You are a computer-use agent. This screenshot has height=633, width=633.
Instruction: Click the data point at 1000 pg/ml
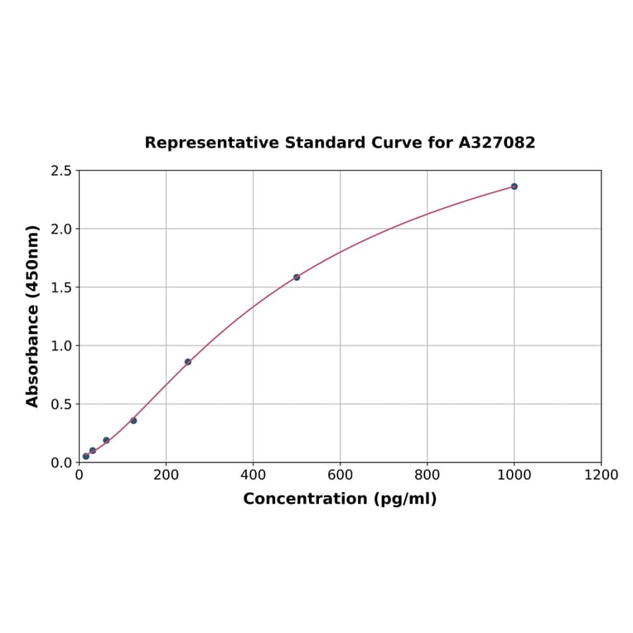pos(514,186)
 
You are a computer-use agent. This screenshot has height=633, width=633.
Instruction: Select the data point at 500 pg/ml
pos(297,277)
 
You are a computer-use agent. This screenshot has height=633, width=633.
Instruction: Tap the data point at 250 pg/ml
pos(188,362)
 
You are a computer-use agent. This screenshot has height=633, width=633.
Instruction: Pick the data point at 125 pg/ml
pos(133,420)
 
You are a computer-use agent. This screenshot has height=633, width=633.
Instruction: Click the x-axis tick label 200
pos(166,475)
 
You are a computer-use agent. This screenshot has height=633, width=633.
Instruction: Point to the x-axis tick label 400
pos(253,475)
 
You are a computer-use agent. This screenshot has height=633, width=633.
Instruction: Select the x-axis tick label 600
pos(340,475)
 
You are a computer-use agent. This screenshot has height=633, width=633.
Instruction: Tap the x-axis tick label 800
pos(427,475)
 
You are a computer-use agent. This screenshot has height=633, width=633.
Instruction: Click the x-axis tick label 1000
pos(514,475)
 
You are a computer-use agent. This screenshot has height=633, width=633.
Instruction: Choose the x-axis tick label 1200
pos(601,475)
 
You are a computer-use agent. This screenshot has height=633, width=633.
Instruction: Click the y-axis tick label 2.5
pos(61,171)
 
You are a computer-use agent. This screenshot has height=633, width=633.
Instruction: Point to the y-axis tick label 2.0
pos(61,229)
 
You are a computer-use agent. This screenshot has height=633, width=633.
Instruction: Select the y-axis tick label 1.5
pos(61,288)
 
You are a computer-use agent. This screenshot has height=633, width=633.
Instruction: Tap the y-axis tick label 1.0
pos(61,345)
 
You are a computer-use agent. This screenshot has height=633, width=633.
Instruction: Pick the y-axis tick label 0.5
pos(61,404)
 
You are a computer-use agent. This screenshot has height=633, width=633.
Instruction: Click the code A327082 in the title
pos(496,143)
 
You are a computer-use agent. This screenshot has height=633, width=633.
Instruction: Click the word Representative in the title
pos(210,143)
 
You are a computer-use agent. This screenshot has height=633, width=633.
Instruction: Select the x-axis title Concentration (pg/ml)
pos(340,499)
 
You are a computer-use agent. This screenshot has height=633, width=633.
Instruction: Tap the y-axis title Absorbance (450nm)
pos(33,316)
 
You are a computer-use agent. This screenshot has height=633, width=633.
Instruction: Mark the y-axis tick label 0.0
pos(61,462)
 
